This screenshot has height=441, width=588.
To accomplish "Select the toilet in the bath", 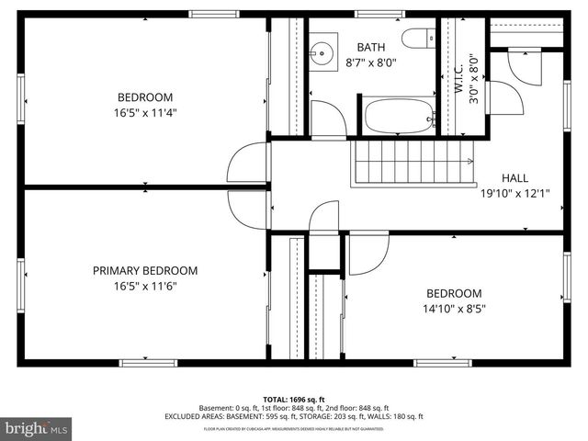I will point(419,39).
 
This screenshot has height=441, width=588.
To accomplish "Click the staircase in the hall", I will point(413,162).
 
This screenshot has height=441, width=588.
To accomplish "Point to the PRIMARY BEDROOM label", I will point(145,270).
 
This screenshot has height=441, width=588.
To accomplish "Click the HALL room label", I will point(515,178).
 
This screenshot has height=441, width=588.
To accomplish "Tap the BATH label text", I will point(371,47).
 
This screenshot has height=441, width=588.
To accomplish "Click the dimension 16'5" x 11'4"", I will point(145,113).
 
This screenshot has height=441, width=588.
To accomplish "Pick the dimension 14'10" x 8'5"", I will point(454,309).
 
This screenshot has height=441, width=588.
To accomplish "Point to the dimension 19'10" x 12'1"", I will point(515,194).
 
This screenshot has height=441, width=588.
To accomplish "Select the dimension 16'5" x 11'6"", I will point(145,286).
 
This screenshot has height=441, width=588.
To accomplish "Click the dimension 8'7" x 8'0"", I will point(371,62).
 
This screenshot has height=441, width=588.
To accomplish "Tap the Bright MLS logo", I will point(37,428).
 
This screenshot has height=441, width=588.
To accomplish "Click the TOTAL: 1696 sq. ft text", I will point(294,400).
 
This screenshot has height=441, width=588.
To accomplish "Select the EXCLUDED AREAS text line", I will point(294,416).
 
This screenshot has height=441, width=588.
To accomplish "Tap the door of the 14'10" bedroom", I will point(367,253).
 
